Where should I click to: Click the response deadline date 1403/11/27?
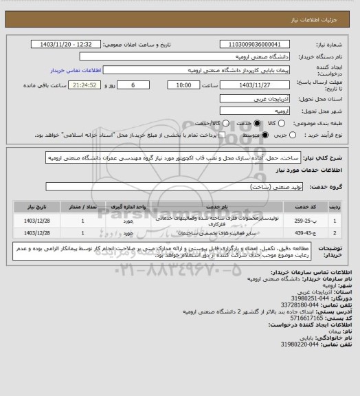point(252,85)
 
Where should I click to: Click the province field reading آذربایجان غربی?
point(252,99)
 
